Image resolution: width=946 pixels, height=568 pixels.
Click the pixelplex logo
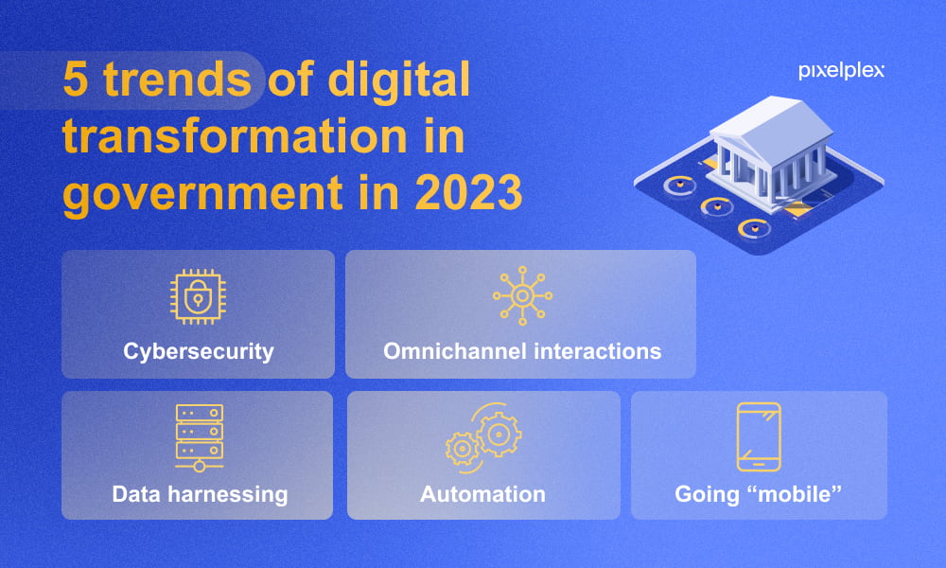coord(841,71)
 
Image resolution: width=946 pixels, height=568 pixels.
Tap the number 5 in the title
coord(76,80)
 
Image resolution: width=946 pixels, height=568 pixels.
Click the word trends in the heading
coord(178,80)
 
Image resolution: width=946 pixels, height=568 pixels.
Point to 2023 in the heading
coord(469,192)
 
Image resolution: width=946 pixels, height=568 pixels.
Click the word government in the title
coord(202,194)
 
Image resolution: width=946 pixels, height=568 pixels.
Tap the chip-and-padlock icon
coord(198,296)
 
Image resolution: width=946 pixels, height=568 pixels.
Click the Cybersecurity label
coord(199,351)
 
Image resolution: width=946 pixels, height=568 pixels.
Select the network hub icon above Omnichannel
coord(522,295)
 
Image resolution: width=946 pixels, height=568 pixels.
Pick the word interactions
coord(598,350)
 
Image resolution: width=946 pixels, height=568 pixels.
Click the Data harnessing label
coord(200,494)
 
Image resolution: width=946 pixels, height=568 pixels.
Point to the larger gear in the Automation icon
coord(499,434)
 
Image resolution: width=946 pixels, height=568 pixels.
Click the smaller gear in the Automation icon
coord(463,448)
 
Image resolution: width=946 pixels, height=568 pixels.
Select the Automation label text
coord(482,494)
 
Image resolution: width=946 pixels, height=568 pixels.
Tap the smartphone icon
coord(759,437)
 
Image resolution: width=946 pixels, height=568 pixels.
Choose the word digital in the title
coord(399,80)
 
